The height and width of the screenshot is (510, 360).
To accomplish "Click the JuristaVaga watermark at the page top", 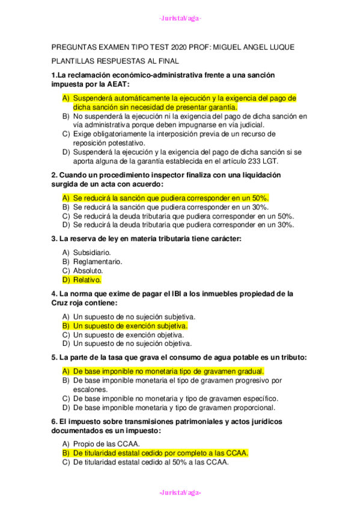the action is point(180,19).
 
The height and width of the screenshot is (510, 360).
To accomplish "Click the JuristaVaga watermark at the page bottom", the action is point(180,493).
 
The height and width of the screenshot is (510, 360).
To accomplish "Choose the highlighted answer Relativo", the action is point(87,280).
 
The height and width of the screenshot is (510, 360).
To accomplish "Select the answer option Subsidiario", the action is point(91,253).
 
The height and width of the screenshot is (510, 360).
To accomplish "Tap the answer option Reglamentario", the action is point(97,262).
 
